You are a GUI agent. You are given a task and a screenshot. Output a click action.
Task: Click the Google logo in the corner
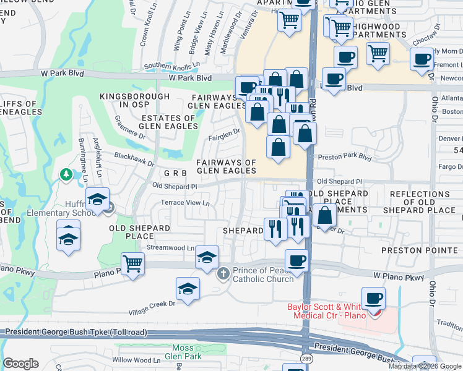pos(21,363)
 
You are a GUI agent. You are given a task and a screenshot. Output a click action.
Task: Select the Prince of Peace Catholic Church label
pos(263,275)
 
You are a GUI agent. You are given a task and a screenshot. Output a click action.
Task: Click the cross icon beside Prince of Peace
pos(224,272)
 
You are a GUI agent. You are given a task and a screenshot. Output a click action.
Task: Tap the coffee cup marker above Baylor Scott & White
pos(373,299)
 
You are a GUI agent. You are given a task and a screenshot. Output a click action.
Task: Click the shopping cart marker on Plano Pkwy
pos(133,263)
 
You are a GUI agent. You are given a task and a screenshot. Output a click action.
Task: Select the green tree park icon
pos(66,176)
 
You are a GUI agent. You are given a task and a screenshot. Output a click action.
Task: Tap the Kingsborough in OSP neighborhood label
pos(135,101)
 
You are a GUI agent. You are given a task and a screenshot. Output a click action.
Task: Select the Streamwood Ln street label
pos(170,247)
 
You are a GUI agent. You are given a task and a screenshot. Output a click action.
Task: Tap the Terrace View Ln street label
pos(186,203)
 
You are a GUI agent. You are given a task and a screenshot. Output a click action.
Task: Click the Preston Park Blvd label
pos(344,157)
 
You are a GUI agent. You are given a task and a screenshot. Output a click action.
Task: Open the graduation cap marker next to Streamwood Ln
pos(207,257)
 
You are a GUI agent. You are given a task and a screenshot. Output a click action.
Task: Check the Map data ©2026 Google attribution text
pos(425,365)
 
